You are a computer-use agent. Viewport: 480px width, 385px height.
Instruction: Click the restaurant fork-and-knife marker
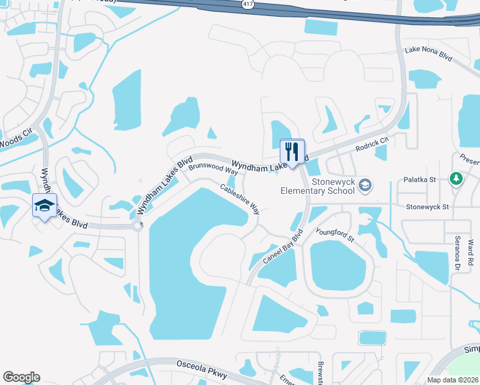click(293, 152)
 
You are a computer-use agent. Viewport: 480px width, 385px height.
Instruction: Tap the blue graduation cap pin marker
click(44, 206)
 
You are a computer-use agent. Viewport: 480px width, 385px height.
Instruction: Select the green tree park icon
click(456, 178)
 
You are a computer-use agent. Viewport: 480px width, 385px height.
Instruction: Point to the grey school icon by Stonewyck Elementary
click(365, 185)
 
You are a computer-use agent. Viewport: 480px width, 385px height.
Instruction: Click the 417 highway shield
click(248, 4)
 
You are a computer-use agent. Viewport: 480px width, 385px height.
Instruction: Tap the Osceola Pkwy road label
click(202, 364)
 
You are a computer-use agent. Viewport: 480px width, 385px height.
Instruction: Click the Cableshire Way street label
click(239, 199)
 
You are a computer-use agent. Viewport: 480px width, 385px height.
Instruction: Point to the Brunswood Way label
click(213, 172)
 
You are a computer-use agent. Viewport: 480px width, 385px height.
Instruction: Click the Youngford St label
click(334, 234)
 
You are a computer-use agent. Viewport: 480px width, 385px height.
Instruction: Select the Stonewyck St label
click(427, 207)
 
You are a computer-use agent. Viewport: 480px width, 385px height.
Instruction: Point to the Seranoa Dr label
click(458, 252)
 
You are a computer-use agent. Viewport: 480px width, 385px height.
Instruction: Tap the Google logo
click(21, 377)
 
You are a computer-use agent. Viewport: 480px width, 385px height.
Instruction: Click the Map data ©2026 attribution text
click(452, 380)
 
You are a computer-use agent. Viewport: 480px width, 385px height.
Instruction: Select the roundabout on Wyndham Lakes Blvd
click(137, 226)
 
